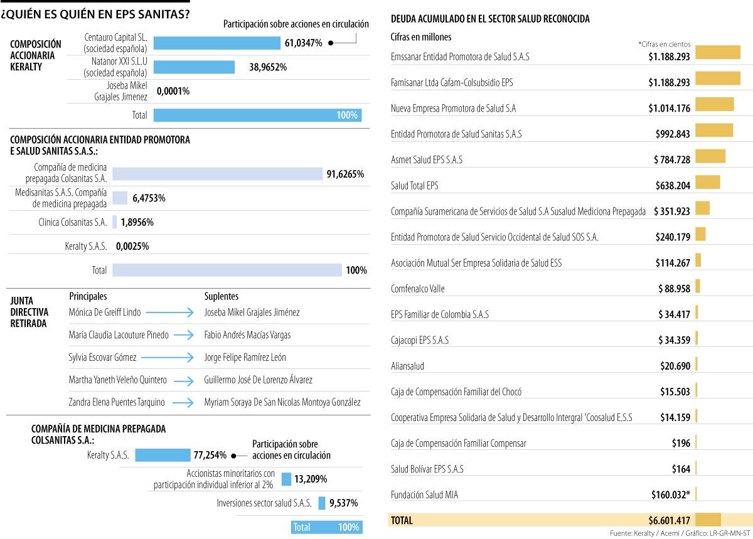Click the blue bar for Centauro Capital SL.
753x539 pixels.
click(x=216, y=43)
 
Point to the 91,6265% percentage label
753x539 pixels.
click(x=345, y=174)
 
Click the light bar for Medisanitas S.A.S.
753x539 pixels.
click(x=120, y=198)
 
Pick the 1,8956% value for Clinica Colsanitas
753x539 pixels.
click(x=137, y=222)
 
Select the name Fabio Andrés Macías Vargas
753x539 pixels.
click(x=247, y=335)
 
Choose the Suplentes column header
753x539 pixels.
click(x=222, y=296)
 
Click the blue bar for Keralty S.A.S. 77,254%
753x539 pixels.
click(x=163, y=455)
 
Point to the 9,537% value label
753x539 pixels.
click(x=344, y=503)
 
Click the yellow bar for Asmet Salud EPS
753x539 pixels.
click(x=710, y=156)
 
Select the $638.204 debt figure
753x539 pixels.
click(x=671, y=186)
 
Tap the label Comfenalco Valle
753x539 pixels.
click(x=417, y=289)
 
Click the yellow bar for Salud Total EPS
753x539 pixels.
click(x=707, y=182)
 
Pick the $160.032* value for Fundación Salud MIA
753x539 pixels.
click(x=670, y=494)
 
